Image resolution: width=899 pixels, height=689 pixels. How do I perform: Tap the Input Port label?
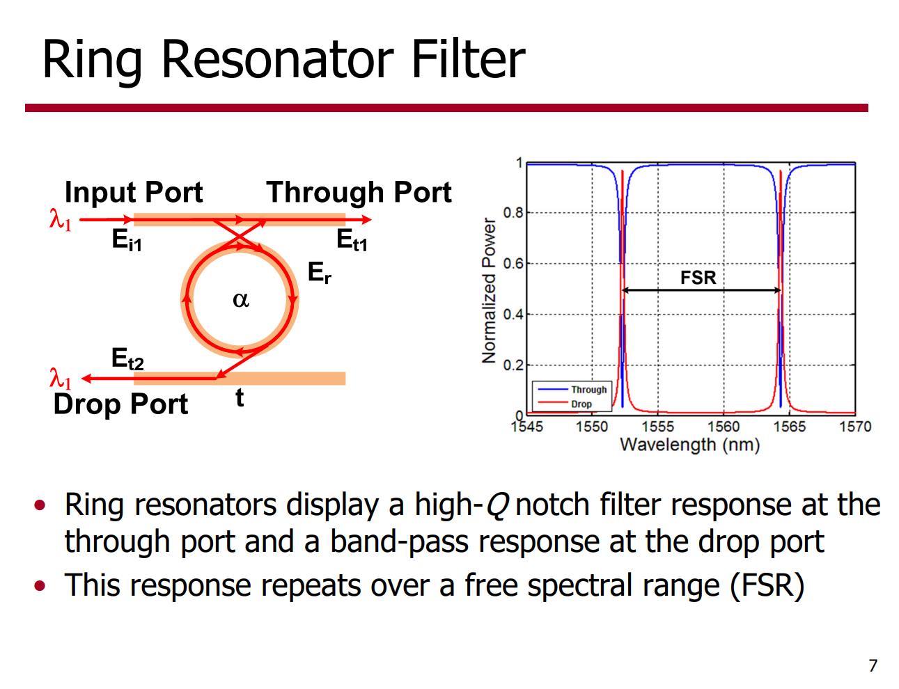tap(134, 193)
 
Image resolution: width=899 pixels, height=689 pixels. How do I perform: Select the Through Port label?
tap(359, 193)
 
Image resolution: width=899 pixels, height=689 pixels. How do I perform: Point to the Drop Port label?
tap(120, 404)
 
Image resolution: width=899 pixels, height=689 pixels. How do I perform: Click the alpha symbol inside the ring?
tap(241, 300)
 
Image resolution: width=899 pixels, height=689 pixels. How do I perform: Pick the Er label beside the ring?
tap(320, 273)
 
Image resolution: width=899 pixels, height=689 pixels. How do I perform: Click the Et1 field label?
tap(352, 239)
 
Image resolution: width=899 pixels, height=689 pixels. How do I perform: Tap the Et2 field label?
tap(127, 358)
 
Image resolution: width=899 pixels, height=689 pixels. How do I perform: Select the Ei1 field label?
tap(127, 239)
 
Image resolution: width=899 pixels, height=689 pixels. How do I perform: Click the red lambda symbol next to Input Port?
tap(61, 220)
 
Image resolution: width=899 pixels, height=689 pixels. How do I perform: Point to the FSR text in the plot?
tap(698, 277)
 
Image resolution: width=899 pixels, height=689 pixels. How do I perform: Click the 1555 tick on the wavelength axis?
tap(657, 427)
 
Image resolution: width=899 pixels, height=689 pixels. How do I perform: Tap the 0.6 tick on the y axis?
tap(513, 263)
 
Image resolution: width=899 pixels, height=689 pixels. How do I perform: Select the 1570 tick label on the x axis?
tap(855, 427)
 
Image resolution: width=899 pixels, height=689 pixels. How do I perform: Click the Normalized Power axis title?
tap(489, 290)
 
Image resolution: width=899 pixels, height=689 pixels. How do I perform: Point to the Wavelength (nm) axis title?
tap(689, 445)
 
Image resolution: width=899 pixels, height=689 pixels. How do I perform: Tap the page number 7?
tap(873, 666)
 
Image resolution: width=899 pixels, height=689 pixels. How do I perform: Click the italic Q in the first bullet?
tap(497, 505)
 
